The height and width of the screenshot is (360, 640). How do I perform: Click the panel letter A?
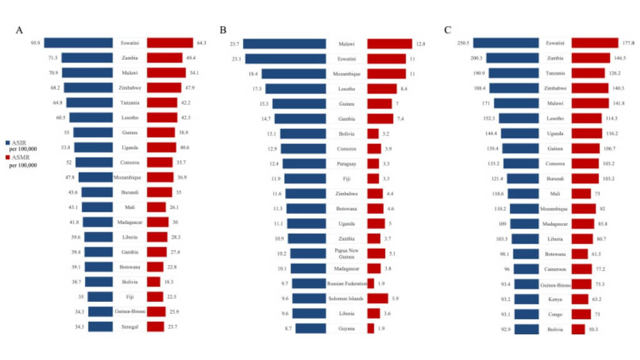[x=20, y=30]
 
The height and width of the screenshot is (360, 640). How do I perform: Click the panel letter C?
[x=447, y=30]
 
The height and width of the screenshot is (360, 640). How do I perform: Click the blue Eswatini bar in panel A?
[x=78, y=43]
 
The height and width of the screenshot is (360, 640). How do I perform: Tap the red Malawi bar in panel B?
[x=389, y=44]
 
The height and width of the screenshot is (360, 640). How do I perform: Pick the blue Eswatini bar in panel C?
[x=506, y=43]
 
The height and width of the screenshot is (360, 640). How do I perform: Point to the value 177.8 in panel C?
[x=628, y=43]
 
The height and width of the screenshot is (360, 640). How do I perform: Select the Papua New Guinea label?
[x=346, y=253]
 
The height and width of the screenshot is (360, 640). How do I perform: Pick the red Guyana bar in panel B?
[x=371, y=328]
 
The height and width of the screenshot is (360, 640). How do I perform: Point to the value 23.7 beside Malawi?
[x=235, y=44]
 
